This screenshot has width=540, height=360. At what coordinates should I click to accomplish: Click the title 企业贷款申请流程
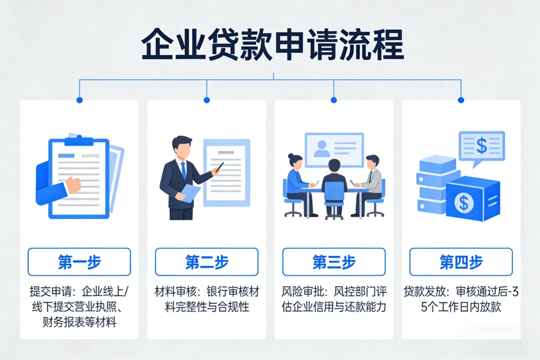coord(272,46)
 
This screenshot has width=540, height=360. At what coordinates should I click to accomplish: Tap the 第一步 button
coord(79,262)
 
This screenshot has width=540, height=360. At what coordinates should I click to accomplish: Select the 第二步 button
coord(206,262)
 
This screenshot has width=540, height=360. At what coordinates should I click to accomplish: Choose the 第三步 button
coord(334,262)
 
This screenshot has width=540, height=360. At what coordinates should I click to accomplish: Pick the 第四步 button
coord(461,262)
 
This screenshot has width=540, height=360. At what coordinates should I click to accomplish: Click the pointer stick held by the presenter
coord(217,168)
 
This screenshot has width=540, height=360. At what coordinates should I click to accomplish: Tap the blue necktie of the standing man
coord(183,170)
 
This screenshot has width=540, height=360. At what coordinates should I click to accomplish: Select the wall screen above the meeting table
coord(334,148)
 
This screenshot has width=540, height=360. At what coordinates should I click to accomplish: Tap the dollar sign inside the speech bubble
coord(481,145)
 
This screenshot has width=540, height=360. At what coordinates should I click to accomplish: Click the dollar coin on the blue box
coord(464,202)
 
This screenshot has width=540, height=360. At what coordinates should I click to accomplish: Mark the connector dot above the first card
coord(79,100)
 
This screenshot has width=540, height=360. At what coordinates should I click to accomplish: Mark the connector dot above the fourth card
coord(461,100)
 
